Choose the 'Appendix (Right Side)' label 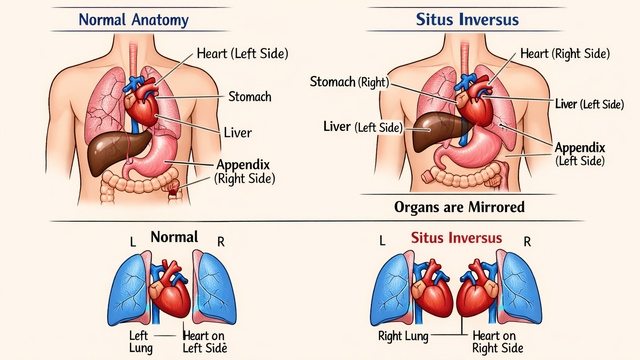click(242, 171)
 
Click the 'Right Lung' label click(403, 336)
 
